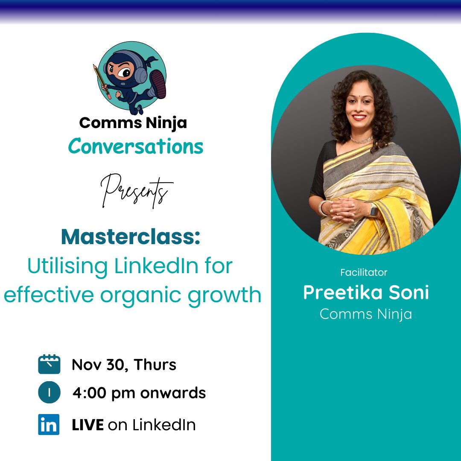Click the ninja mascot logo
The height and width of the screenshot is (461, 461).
point(132,77)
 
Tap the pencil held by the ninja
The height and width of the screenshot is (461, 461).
point(101,81)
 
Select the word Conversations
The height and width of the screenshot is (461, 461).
point(135,147)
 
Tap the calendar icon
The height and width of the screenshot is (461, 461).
point(49,365)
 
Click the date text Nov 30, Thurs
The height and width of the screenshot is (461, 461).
point(124,365)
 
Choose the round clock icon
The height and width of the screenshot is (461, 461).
point(49,393)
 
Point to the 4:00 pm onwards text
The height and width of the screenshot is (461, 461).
point(139,393)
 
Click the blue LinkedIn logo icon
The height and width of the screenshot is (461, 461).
point(49,425)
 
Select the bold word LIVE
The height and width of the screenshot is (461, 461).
point(88,425)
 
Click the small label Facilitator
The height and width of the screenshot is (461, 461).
point(364,272)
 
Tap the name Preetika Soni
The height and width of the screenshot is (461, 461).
point(366,293)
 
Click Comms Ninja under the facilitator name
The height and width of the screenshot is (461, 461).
point(365,314)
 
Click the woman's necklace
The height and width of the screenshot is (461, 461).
point(361,140)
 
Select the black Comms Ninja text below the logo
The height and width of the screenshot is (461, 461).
point(133,123)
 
